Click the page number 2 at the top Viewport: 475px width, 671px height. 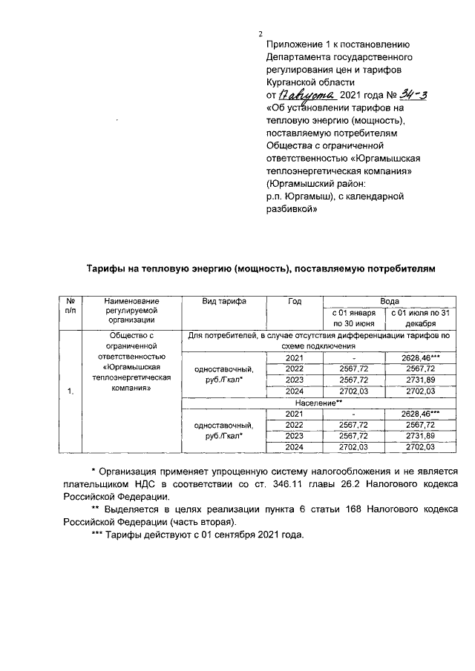pyautogui.click(x=261, y=33)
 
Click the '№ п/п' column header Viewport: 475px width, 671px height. pyautogui.click(x=69, y=306)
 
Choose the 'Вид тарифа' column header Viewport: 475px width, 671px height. pyautogui.click(x=224, y=301)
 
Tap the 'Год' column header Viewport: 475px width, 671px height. pyautogui.click(x=295, y=301)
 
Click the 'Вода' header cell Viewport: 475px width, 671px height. pyautogui.click(x=390, y=301)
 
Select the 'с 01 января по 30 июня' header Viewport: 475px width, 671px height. pyautogui.click(x=353, y=318)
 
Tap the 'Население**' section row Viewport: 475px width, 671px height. pyautogui.click(x=319, y=402)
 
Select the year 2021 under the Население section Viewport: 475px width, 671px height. pyautogui.click(x=295, y=413)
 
